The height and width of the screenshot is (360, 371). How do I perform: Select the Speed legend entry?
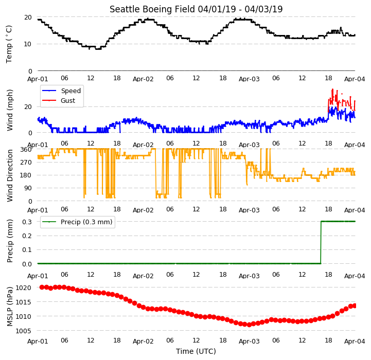point(62,91)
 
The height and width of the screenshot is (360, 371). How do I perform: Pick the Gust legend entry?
point(59,100)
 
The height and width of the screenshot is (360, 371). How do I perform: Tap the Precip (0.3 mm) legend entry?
point(77,222)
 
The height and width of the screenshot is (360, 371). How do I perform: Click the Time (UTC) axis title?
point(196,351)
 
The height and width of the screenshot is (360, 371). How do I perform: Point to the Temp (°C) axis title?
point(9,44)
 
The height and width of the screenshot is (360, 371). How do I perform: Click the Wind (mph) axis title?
point(10,110)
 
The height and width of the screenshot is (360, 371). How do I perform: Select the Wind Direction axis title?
point(10,175)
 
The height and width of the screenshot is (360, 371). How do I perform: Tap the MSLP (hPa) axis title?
point(10,307)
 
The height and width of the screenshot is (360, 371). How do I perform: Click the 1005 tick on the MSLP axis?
point(24,331)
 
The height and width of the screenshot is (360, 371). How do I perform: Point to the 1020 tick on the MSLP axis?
point(24,287)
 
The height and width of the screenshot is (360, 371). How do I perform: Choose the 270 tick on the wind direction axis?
point(26,163)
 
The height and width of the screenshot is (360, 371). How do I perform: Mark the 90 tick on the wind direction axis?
point(28,188)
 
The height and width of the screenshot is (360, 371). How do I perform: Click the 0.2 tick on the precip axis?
point(27,236)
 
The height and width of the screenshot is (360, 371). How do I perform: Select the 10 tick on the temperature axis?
point(28,44)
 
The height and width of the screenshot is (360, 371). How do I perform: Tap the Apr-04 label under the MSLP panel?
point(355,341)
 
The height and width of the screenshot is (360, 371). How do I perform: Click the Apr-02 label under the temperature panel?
point(143,79)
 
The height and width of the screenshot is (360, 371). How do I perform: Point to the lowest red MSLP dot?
point(249,325)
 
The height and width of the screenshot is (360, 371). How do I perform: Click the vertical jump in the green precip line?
point(321,242)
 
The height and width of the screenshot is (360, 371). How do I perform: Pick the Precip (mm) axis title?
point(10,241)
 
